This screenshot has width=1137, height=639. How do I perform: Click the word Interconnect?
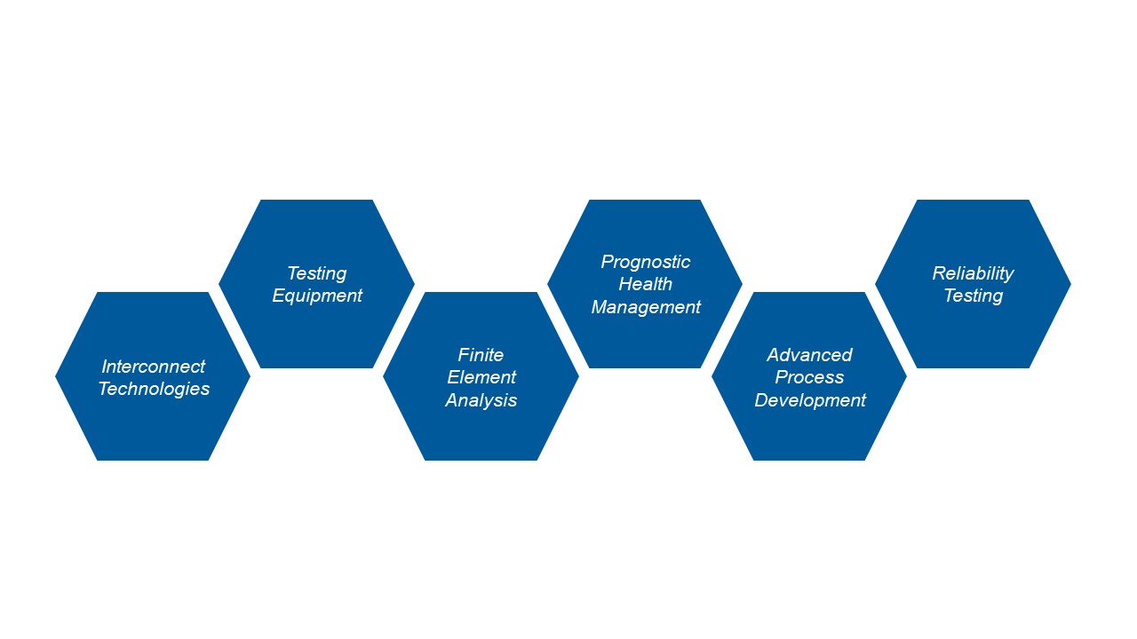(154, 367)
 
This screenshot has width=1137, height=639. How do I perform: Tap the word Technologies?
(154, 389)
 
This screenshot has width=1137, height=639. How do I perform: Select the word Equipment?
(317, 296)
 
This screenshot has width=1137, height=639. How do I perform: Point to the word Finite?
(481, 355)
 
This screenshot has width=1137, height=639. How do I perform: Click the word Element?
(481, 377)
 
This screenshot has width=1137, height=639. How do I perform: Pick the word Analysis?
(481, 400)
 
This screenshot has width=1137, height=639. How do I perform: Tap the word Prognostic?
(645, 262)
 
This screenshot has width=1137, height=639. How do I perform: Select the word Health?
(645, 284)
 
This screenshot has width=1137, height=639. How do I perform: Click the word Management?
(646, 307)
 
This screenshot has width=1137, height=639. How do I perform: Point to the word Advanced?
(809, 355)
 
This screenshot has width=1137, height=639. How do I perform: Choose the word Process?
(809, 377)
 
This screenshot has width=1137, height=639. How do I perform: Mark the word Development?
(810, 400)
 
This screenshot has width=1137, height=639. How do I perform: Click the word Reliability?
(973, 274)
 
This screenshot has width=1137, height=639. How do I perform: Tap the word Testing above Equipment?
(317, 274)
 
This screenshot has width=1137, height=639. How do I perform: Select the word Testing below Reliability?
(974, 296)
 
